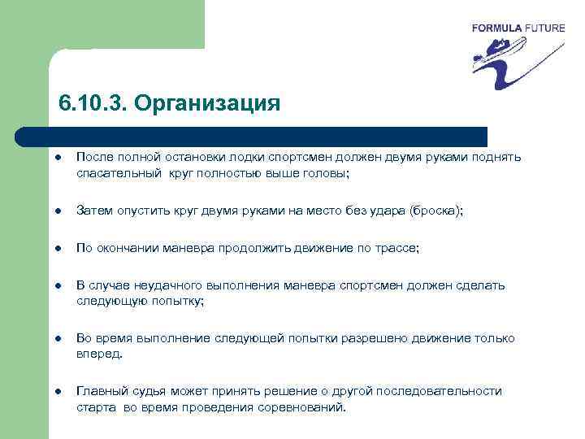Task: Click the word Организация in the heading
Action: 207,105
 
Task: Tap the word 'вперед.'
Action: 99,354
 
